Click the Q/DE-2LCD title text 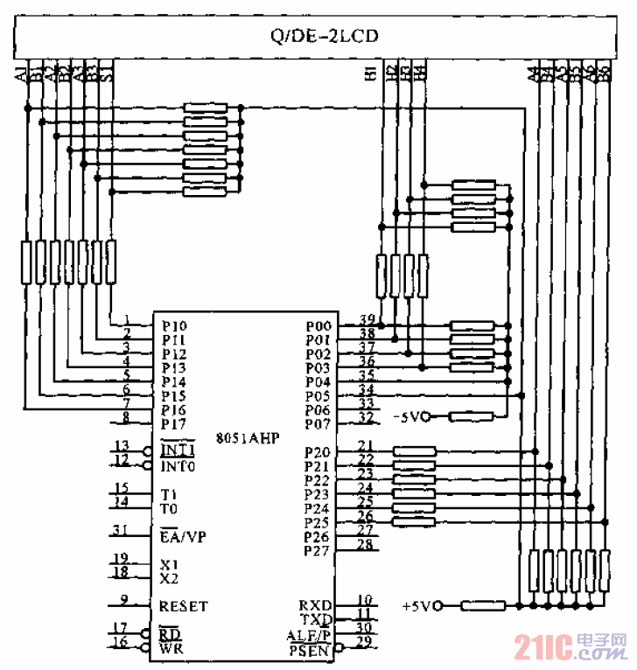coord(324,37)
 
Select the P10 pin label coord(174,325)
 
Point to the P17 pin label coord(174,424)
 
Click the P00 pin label coord(318,325)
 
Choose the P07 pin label coord(318,424)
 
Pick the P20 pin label coord(317,452)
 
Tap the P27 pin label coord(317,551)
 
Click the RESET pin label coord(184,605)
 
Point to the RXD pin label coord(315,605)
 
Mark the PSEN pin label coord(310,650)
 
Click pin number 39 coord(367,319)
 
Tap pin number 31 coord(121,530)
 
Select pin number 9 coord(124,600)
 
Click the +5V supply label coord(420,605)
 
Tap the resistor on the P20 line coord(416,452)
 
